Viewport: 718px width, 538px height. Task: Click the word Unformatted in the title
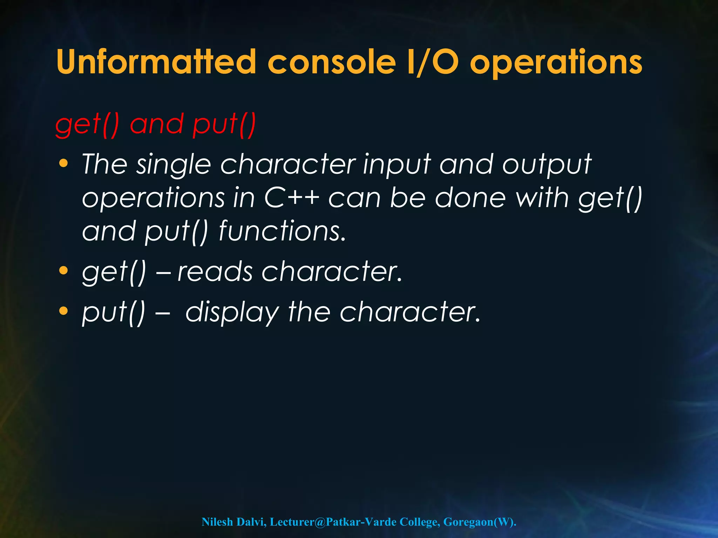coord(156,62)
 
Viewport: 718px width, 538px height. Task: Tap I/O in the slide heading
coord(433,62)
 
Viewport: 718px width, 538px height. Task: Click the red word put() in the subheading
coord(224,125)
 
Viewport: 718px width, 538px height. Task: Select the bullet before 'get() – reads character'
coord(63,271)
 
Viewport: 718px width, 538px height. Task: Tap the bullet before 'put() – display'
coord(63,311)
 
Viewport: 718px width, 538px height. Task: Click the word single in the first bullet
coord(174,165)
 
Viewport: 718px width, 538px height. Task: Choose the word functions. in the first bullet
coord(283,231)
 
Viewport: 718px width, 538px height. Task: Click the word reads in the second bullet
coord(215,271)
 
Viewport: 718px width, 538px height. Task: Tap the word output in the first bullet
coord(547,165)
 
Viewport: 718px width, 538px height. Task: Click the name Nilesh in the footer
coord(217,522)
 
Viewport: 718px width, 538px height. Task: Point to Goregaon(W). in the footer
coord(480,522)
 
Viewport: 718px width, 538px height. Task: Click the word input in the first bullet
coord(397,165)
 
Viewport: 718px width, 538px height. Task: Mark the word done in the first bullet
coord(470,198)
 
